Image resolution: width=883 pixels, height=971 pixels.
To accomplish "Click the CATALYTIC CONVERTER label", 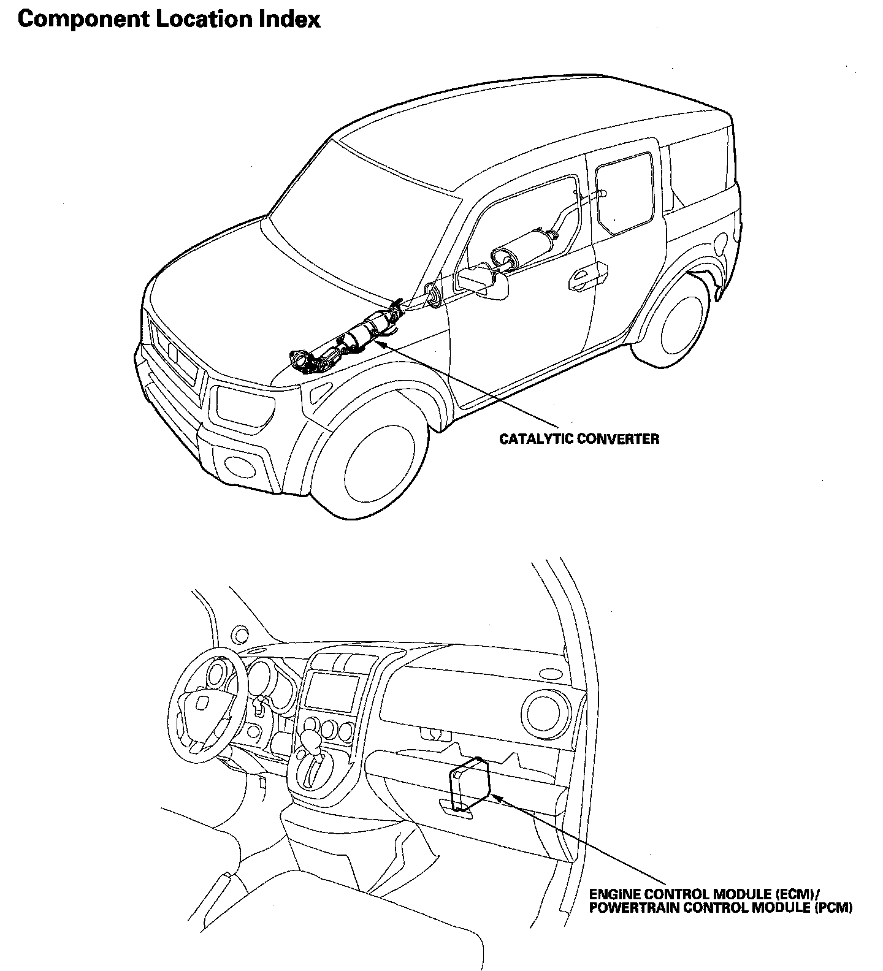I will (x=579, y=439).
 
